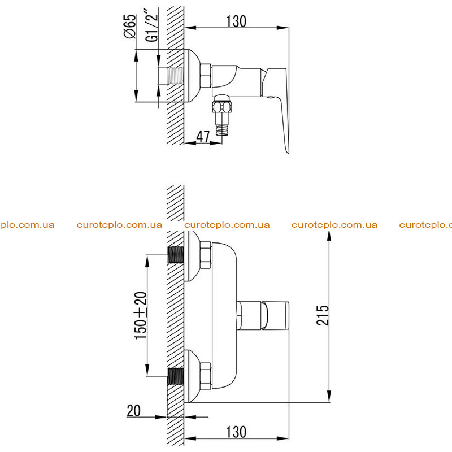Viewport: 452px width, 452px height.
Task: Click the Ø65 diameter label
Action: point(129,26)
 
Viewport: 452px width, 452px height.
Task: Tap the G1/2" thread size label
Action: point(151,25)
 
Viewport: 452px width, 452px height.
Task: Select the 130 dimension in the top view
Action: point(236,21)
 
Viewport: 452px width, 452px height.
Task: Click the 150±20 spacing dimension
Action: point(141,315)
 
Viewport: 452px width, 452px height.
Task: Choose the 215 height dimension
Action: point(322,315)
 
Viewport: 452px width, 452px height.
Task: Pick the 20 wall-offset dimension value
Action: point(133,411)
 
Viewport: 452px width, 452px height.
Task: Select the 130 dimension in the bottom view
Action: point(236,432)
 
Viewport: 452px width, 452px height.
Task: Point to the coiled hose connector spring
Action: point(222,129)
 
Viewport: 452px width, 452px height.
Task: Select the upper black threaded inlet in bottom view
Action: point(176,255)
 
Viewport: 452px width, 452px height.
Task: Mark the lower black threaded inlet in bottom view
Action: point(176,376)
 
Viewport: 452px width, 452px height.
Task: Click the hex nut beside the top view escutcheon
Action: point(206,76)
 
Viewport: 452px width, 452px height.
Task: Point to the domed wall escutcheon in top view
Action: point(192,76)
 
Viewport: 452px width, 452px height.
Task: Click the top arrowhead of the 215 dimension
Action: point(329,235)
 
